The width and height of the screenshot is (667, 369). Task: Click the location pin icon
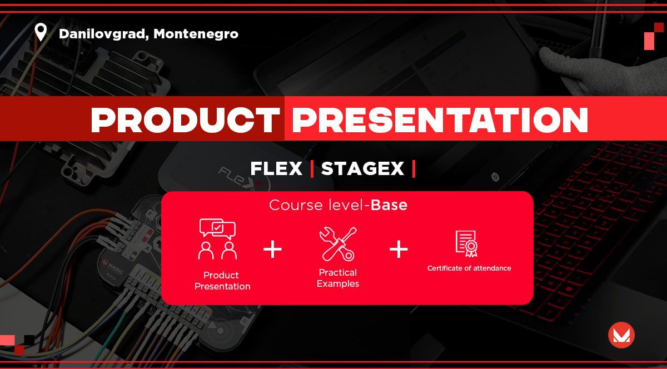coord(41,32)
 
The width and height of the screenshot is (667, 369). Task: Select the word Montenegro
coord(196,34)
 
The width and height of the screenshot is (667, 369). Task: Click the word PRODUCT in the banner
coord(185,119)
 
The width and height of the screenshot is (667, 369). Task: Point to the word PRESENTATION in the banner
coord(440,119)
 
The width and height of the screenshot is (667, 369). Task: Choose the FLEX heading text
coord(276,168)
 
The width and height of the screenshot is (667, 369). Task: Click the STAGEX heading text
coord(362,168)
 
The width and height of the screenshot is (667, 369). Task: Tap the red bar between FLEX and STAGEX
coord(312,169)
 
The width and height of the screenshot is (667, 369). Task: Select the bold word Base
coord(389,205)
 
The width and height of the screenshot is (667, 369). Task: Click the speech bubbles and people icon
coord(217,239)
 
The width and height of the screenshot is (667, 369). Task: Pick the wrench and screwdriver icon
coord(338,244)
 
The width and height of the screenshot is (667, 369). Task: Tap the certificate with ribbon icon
coord(466,243)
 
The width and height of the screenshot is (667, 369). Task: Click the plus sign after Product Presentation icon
coord(272,250)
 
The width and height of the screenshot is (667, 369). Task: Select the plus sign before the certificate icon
coord(399,250)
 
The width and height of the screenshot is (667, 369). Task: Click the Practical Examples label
coord(338,278)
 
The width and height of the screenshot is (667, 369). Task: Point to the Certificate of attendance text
coord(469,268)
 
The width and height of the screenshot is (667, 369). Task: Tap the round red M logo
coord(621,335)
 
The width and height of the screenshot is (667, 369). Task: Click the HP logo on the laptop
coord(495,177)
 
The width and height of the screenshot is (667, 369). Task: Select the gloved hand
coord(601,72)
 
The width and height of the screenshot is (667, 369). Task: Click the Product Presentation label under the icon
coord(222,281)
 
